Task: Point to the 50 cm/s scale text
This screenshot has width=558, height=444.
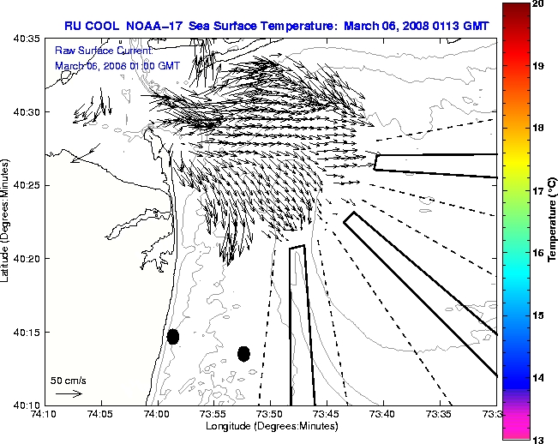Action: (x=68, y=380)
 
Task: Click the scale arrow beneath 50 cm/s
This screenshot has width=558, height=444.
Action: (x=69, y=393)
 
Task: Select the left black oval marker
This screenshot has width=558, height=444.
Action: (x=173, y=336)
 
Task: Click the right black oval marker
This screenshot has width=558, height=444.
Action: (x=243, y=353)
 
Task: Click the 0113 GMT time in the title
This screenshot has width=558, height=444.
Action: (x=459, y=26)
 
